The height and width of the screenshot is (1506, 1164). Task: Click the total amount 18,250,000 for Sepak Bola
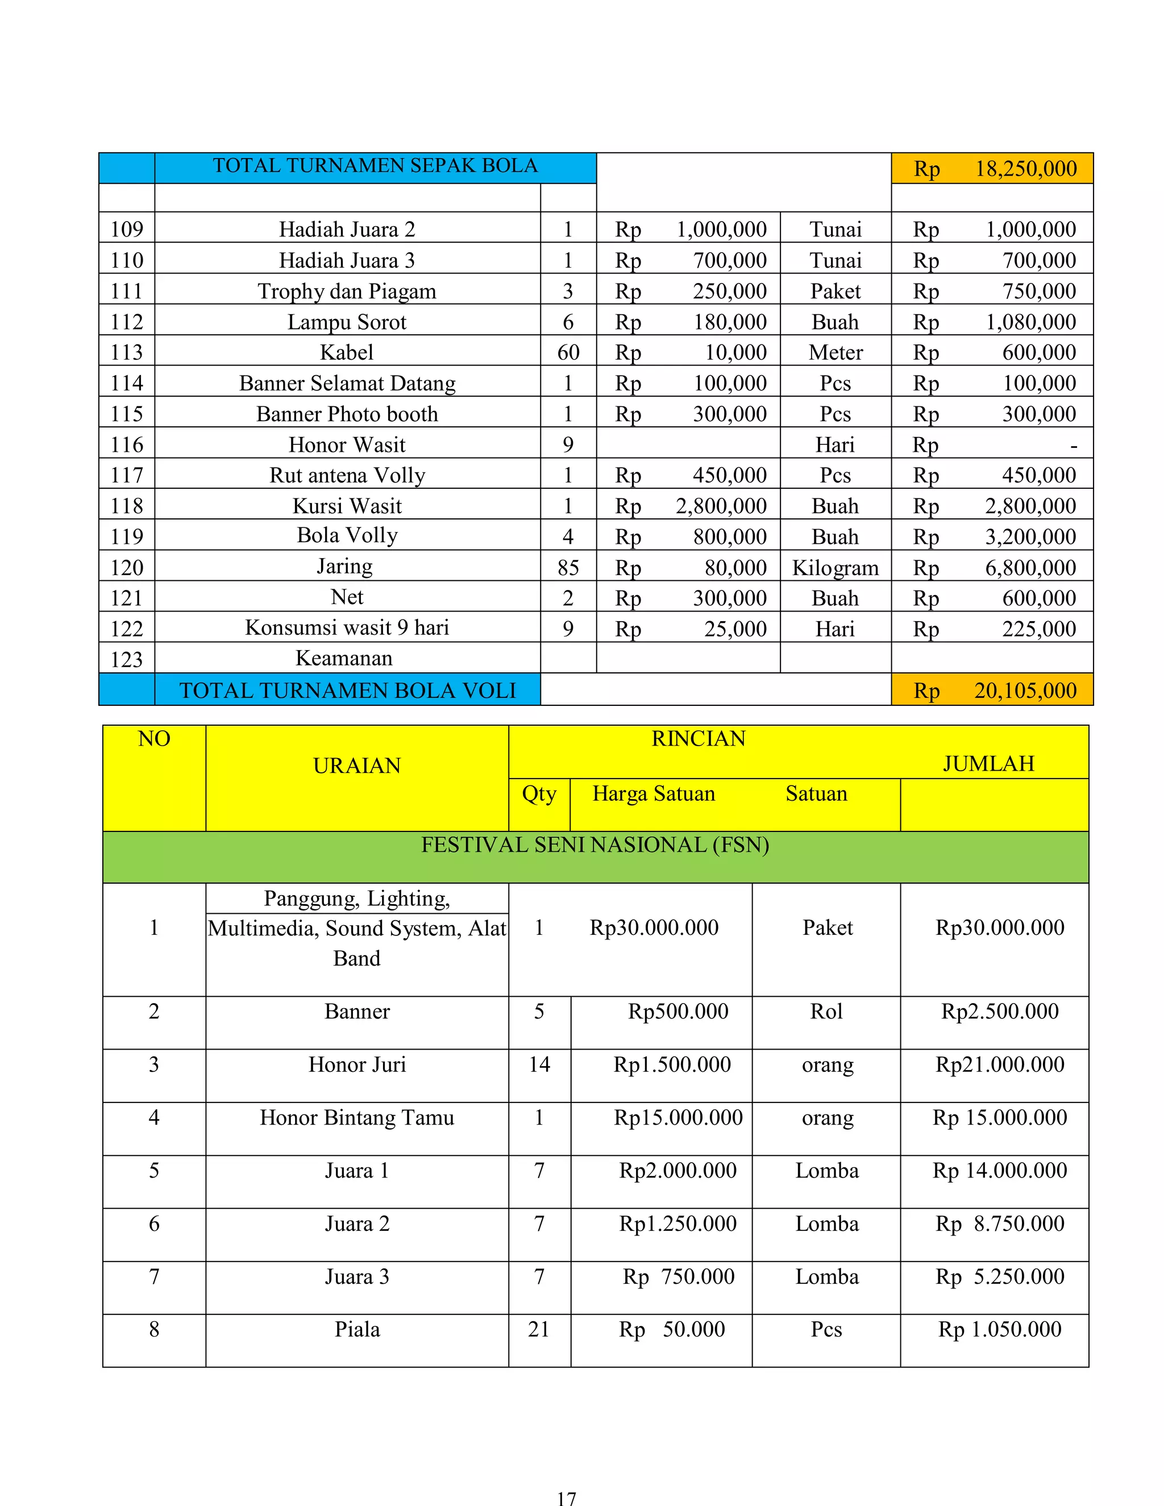click(1025, 169)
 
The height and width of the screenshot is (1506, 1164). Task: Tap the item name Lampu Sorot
click(347, 322)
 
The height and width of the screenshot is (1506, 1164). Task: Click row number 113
click(127, 352)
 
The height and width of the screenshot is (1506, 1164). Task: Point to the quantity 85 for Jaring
click(568, 568)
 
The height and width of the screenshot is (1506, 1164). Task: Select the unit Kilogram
click(835, 568)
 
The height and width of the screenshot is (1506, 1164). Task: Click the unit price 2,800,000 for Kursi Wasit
click(721, 506)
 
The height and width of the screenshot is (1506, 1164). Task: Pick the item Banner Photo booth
click(347, 414)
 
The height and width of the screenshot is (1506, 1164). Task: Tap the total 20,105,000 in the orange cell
click(1025, 690)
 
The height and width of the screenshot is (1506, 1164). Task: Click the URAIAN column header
click(356, 766)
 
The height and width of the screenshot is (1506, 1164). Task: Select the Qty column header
click(539, 794)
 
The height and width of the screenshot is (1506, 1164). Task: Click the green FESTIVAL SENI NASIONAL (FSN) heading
click(595, 844)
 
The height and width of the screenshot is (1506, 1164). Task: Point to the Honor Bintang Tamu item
click(356, 1117)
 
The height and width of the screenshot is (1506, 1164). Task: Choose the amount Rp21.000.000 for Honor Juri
click(999, 1064)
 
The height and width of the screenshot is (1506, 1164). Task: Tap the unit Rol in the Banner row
click(826, 1011)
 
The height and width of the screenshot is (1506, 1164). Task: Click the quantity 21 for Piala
click(539, 1329)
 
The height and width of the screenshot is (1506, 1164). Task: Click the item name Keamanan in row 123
click(344, 658)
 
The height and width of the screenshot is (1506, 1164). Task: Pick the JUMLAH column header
click(988, 763)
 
